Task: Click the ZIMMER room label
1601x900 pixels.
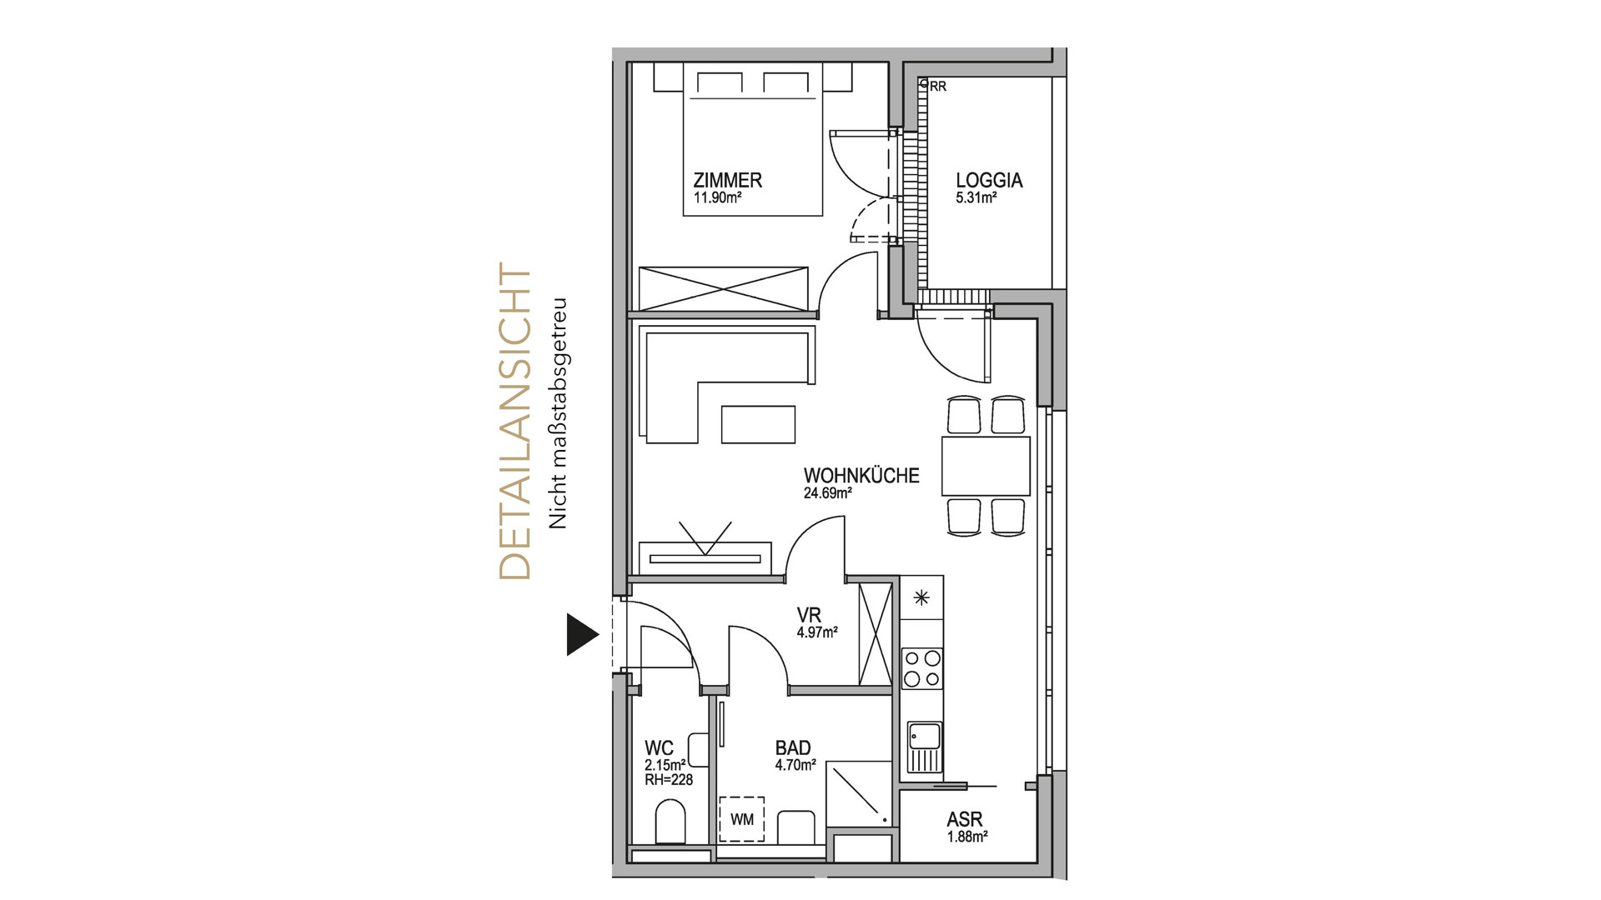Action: [x=727, y=180]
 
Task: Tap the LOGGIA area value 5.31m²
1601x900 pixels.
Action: [x=976, y=198]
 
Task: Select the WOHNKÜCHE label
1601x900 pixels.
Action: [x=861, y=476]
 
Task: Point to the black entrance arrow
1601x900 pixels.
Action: [x=583, y=635]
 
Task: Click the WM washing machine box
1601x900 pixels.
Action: [x=741, y=819]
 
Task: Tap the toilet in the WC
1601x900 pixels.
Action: [x=670, y=822]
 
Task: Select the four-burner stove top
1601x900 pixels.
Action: [x=922, y=669]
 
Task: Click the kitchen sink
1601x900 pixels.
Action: [x=924, y=747]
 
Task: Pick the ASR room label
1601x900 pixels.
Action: [x=965, y=820]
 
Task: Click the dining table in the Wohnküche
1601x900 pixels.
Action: [x=986, y=466]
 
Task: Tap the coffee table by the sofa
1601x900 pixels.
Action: [x=758, y=423]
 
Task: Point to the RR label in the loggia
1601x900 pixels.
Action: [x=938, y=87]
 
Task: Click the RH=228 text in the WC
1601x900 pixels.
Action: [x=669, y=780]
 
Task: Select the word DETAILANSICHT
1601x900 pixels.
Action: [x=514, y=422]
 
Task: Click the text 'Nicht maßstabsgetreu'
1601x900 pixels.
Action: [x=557, y=413]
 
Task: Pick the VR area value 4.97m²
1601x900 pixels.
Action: [x=817, y=632]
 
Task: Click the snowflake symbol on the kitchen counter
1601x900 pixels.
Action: [x=921, y=597]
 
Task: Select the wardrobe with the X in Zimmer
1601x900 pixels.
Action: [x=724, y=288]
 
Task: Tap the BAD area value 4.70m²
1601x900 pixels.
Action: [x=795, y=765]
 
